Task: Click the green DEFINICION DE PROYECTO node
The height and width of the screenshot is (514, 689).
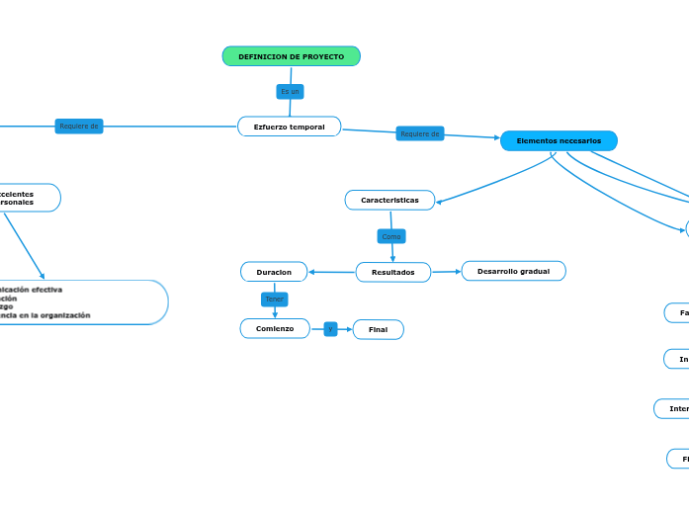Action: (x=291, y=56)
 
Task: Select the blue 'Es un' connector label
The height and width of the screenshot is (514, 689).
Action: (x=290, y=92)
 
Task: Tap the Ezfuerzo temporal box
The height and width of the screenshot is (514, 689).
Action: (x=289, y=127)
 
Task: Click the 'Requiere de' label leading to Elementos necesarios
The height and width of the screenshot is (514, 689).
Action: (x=420, y=133)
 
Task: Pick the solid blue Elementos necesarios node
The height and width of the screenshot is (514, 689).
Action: (x=559, y=141)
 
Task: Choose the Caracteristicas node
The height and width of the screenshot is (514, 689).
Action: (x=389, y=201)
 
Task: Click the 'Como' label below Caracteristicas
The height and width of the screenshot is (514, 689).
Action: (x=391, y=236)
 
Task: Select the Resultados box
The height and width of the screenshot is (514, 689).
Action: (x=392, y=272)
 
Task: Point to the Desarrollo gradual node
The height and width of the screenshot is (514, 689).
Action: (x=513, y=271)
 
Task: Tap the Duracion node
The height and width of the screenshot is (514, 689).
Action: (x=274, y=272)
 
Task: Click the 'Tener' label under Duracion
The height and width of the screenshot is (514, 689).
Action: (x=274, y=299)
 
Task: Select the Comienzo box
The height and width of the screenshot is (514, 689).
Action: (x=275, y=328)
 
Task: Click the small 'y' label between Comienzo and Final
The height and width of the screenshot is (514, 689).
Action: (x=330, y=328)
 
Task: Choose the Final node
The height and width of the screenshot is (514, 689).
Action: (x=378, y=329)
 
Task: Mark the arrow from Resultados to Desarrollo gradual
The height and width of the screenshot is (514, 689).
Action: (x=447, y=271)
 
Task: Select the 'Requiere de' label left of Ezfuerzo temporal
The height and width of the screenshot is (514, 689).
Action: (x=79, y=127)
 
